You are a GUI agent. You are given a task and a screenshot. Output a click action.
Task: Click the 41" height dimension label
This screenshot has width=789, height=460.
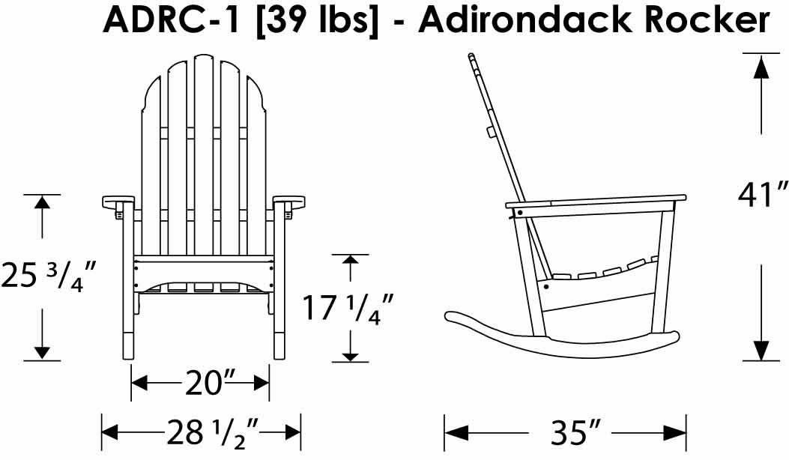(762, 194)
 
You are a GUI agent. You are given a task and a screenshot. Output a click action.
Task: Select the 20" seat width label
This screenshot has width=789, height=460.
(201, 384)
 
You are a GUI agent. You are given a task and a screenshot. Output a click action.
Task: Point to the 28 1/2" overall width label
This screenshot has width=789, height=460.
(212, 433)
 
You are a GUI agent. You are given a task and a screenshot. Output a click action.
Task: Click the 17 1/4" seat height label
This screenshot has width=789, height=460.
(347, 307)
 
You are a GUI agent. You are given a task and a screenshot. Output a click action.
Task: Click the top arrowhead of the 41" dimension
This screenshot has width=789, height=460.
(761, 67)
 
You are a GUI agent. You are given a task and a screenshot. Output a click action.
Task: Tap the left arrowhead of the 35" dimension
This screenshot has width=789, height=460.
(456, 433)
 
